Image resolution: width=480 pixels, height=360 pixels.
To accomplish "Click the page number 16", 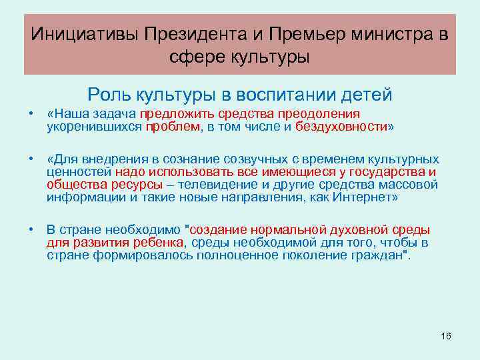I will pos(446,335).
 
